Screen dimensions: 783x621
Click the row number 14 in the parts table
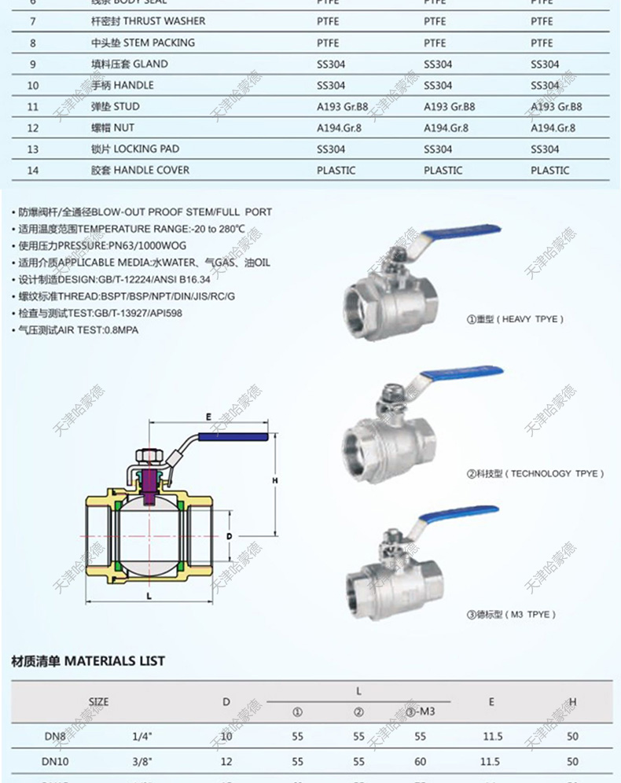coord(32,170)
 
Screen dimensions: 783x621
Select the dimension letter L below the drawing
coord(149,597)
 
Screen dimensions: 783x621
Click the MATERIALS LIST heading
coord(88,661)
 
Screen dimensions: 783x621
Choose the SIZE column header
coord(98,701)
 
